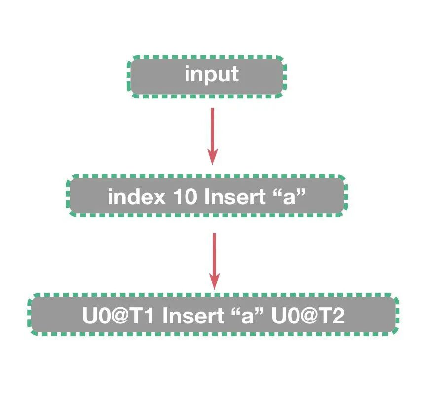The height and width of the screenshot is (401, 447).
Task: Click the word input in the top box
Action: tap(212, 75)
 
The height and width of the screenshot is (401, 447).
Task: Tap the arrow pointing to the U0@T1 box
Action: tap(214, 259)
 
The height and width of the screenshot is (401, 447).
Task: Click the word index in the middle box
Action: tap(136, 197)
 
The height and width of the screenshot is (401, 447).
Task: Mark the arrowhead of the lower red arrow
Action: tap(214, 282)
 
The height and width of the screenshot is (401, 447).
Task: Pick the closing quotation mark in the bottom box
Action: tap(259, 312)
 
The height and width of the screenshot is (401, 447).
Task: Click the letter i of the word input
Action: tap(187, 74)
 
